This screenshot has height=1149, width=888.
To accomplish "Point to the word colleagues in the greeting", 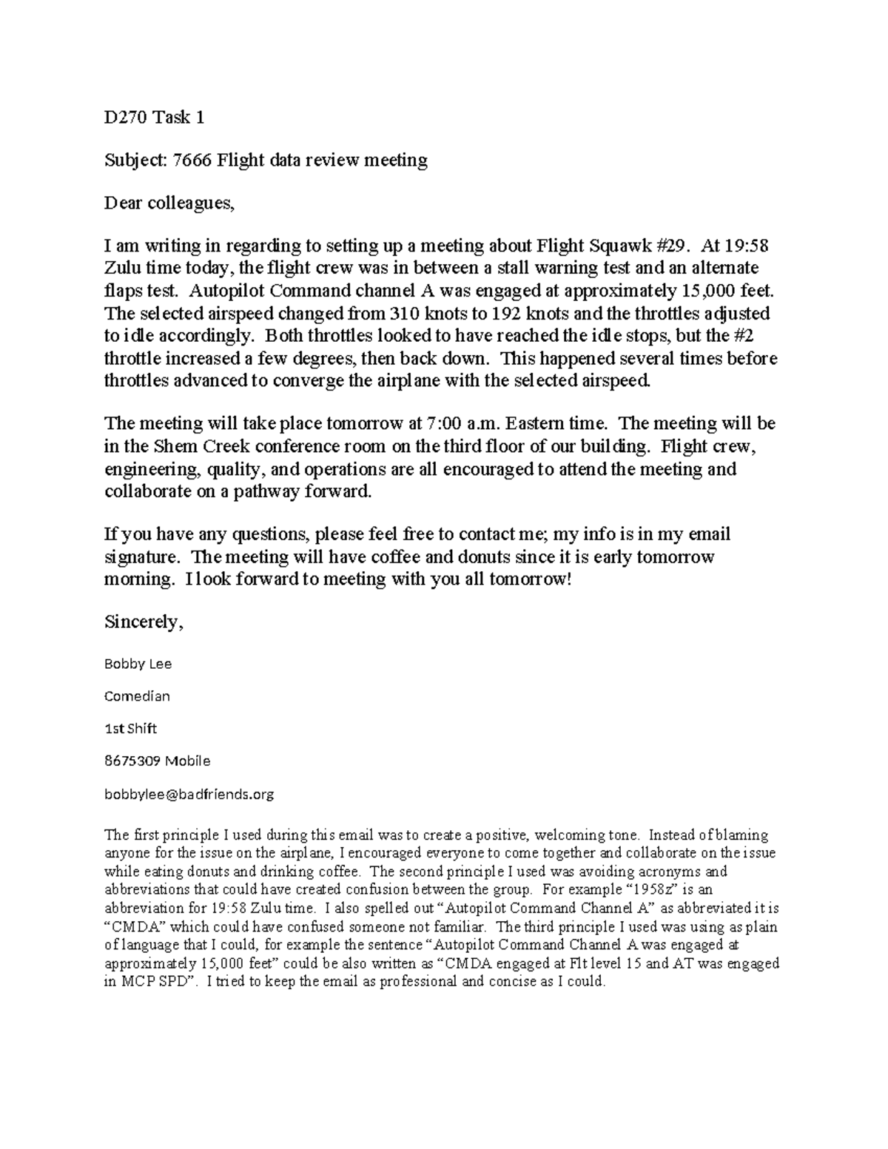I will [x=189, y=203].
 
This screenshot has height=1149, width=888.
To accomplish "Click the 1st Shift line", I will [x=130, y=729].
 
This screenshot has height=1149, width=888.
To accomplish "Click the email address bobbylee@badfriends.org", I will [x=189, y=795].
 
